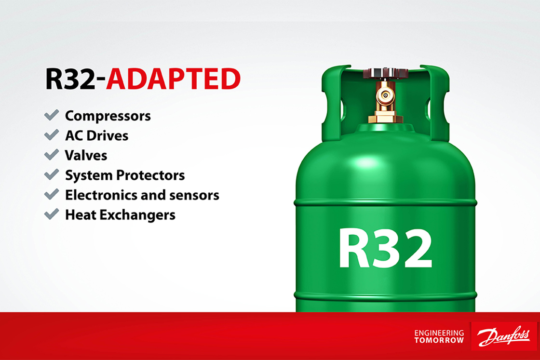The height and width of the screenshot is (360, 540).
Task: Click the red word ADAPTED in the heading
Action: coord(173,79)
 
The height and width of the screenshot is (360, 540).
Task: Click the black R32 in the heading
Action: coord(70,79)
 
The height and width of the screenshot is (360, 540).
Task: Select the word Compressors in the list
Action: coord(108,116)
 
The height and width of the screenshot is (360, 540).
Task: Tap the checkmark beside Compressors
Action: coord(52,115)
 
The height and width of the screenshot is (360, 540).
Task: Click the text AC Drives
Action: coord(97,135)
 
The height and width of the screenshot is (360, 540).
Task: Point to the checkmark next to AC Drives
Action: coord(52,134)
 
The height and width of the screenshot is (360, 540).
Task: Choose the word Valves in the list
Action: coord(86,156)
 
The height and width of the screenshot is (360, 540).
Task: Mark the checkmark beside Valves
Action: coord(52,155)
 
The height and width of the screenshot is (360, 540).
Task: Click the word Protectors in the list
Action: coord(150,175)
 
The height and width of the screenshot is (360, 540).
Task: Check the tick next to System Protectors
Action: coord(52,174)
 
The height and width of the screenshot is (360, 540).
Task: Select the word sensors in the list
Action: coord(194,196)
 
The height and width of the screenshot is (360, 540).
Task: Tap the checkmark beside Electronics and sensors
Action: coord(52,194)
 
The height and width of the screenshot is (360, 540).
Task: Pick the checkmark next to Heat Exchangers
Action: coord(52,213)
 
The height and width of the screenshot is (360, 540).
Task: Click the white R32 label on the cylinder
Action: coord(385,248)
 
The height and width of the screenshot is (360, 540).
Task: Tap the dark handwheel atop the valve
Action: coord(385,73)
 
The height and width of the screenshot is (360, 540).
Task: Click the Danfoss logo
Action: coord(504,336)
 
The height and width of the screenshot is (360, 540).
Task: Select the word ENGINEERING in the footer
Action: coord(439,333)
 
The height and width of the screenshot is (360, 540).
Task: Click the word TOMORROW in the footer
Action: coord(439,340)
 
